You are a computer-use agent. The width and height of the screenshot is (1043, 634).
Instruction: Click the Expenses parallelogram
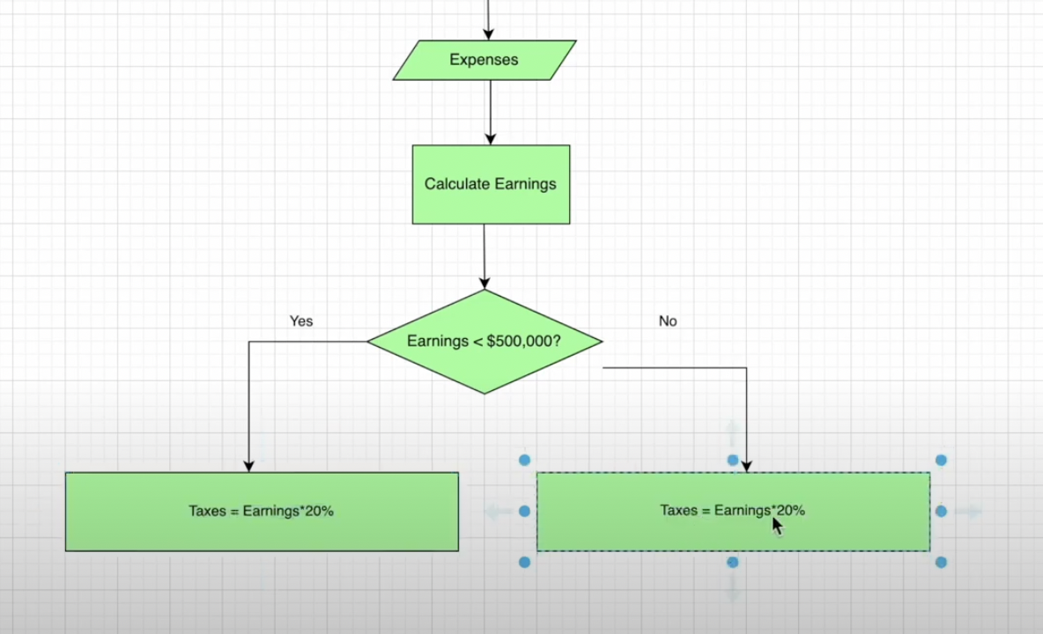pyautogui.click(x=484, y=60)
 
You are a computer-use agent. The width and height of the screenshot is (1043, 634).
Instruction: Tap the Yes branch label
pyautogui.click(x=301, y=321)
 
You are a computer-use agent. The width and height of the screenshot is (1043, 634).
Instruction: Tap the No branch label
pyautogui.click(x=668, y=321)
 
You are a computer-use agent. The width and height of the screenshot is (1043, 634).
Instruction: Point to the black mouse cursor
pyautogui.click(x=777, y=526)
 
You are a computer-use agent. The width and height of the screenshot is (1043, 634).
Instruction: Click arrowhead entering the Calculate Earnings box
pyautogui.click(x=491, y=139)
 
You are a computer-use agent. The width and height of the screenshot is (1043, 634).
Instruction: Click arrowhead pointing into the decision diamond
pyautogui.click(x=484, y=283)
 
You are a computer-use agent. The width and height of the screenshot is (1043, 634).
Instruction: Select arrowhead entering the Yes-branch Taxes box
pyautogui.click(x=249, y=465)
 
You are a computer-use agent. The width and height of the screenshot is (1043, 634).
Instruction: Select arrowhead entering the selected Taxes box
pyautogui.click(x=746, y=466)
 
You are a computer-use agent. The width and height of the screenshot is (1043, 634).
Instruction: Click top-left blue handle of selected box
pyautogui.click(x=525, y=460)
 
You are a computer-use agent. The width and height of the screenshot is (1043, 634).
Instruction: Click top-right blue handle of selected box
pyautogui.click(x=941, y=460)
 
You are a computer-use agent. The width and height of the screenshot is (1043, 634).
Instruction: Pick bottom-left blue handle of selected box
pyautogui.click(x=525, y=562)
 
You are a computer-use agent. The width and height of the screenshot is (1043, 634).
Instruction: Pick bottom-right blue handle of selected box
pyautogui.click(x=941, y=562)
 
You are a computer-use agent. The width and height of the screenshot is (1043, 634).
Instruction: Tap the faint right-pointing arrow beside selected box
pyautogui.click(x=968, y=511)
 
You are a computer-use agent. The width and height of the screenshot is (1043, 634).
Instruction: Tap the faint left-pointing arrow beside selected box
pyautogui.click(x=498, y=511)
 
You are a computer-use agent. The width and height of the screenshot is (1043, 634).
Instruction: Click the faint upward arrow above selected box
pyautogui.click(x=732, y=432)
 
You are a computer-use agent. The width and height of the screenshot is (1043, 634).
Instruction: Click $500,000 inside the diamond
pyautogui.click(x=520, y=341)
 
